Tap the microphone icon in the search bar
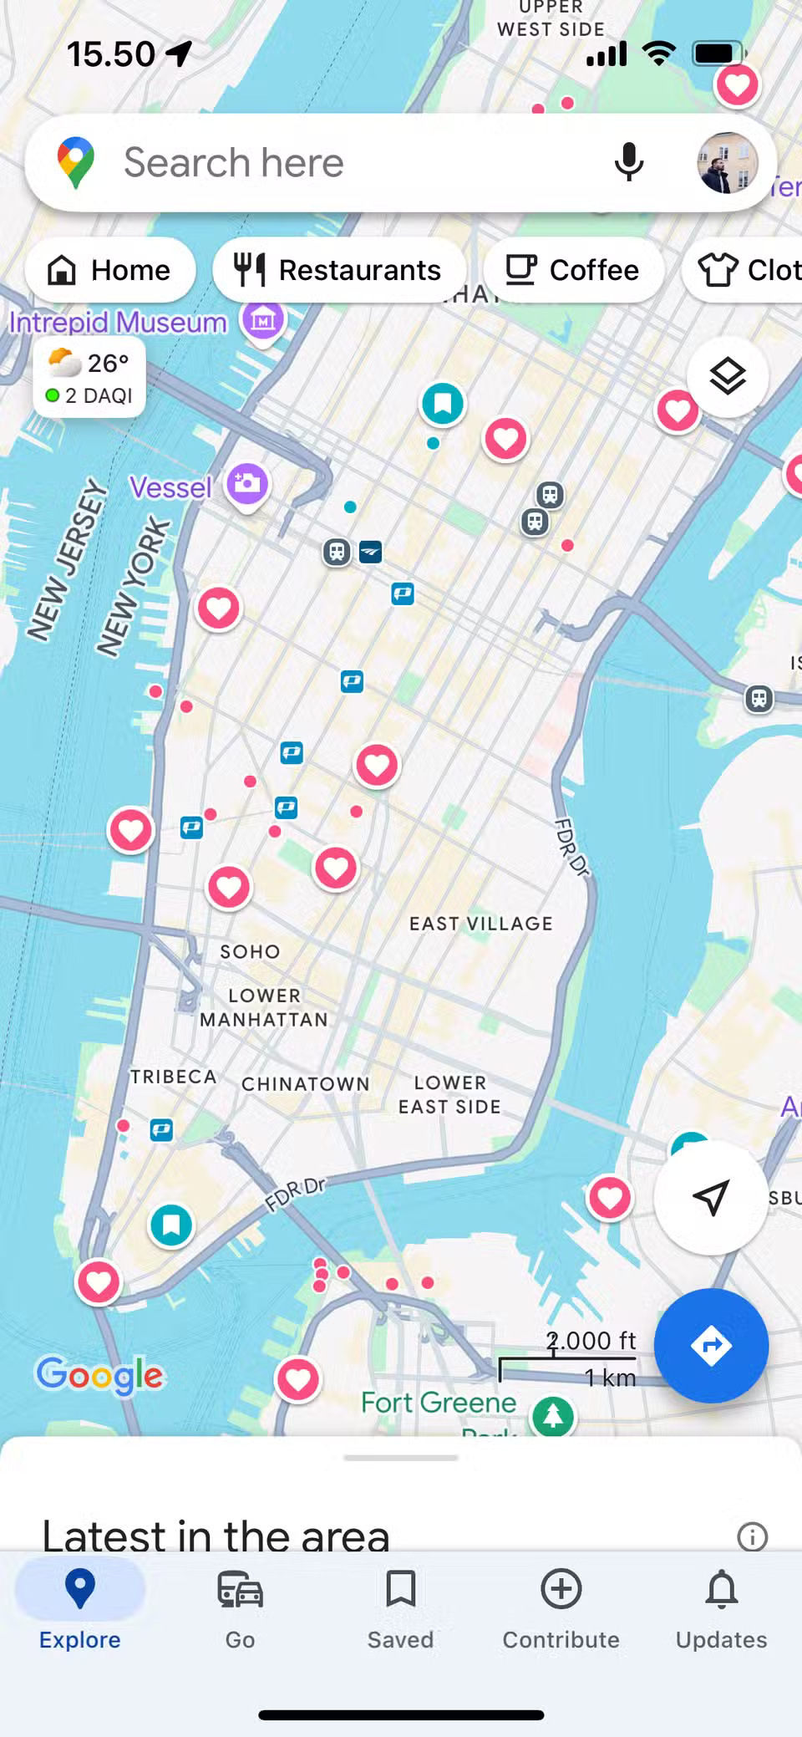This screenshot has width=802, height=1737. click(629, 162)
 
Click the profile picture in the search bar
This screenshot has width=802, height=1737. click(727, 162)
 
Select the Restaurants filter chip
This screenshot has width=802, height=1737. click(338, 270)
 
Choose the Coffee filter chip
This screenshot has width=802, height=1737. click(573, 270)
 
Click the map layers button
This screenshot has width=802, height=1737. click(727, 377)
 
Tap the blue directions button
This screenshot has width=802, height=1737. click(711, 1345)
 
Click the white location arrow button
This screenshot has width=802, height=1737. click(710, 1197)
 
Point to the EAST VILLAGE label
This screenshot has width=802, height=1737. click(480, 924)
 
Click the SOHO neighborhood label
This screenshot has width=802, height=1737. click(250, 951)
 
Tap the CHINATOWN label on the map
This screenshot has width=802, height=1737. click(305, 1083)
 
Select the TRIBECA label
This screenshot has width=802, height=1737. click(173, 1077)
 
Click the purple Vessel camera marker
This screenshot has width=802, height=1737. click(247, 484)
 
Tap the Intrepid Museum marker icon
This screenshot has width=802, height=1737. click(263, 319)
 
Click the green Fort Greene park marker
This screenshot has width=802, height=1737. click(553, 1415)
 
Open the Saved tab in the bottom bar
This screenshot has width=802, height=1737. click(400, 1605)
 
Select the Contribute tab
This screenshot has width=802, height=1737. click(561, 1605)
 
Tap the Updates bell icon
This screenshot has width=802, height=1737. click(721, 1605)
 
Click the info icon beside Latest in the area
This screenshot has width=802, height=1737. click(752, 1536)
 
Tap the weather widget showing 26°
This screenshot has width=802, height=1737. click(89, 378)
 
